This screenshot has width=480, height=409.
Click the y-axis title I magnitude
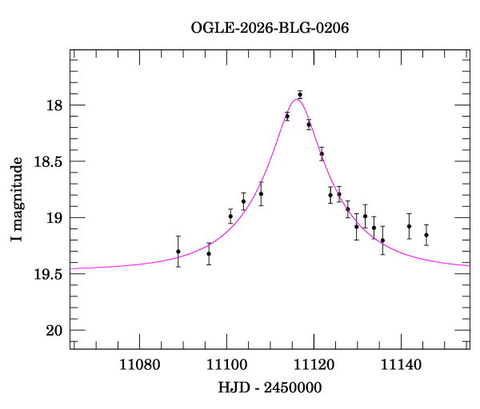(18, 200)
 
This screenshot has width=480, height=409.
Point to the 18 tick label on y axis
(53, 105)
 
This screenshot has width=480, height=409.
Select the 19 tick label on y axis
(53, 218)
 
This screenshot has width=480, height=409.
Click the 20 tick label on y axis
(53, 331)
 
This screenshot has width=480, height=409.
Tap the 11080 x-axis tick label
(140, 366)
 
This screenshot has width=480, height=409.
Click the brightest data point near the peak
(300, 95)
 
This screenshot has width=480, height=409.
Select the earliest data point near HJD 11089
(178, 252)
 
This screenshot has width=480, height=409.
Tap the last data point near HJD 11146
(426, 235)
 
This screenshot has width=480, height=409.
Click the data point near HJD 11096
(209, 254)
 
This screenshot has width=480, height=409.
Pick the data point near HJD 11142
(409, 226)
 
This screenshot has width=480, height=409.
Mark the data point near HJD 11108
(261, 194)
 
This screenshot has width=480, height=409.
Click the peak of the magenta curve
(296, 98)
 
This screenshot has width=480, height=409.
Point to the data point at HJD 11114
(287, 117)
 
